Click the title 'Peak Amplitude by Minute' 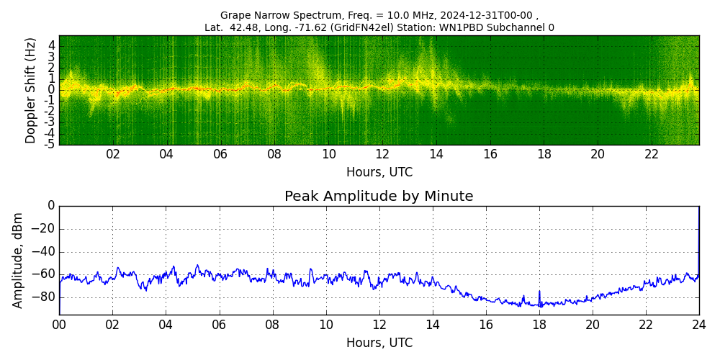point(379,197)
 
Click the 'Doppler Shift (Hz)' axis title point(30,90)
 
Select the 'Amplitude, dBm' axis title point(18,260)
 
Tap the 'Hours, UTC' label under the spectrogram point(379,173)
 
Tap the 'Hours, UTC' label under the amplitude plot point(379,343)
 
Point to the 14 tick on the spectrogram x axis point(436,154)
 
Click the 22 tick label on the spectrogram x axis point(652,154)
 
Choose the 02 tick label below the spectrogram point(113,154)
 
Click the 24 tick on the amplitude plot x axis point(698,324)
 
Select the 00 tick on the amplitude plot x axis point(59,324)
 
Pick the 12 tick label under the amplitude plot point(379,324)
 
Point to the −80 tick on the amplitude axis point(45,297)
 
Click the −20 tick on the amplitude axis point(45,229)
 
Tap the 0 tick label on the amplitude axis point(51,206)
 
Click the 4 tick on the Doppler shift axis point(52,45)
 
